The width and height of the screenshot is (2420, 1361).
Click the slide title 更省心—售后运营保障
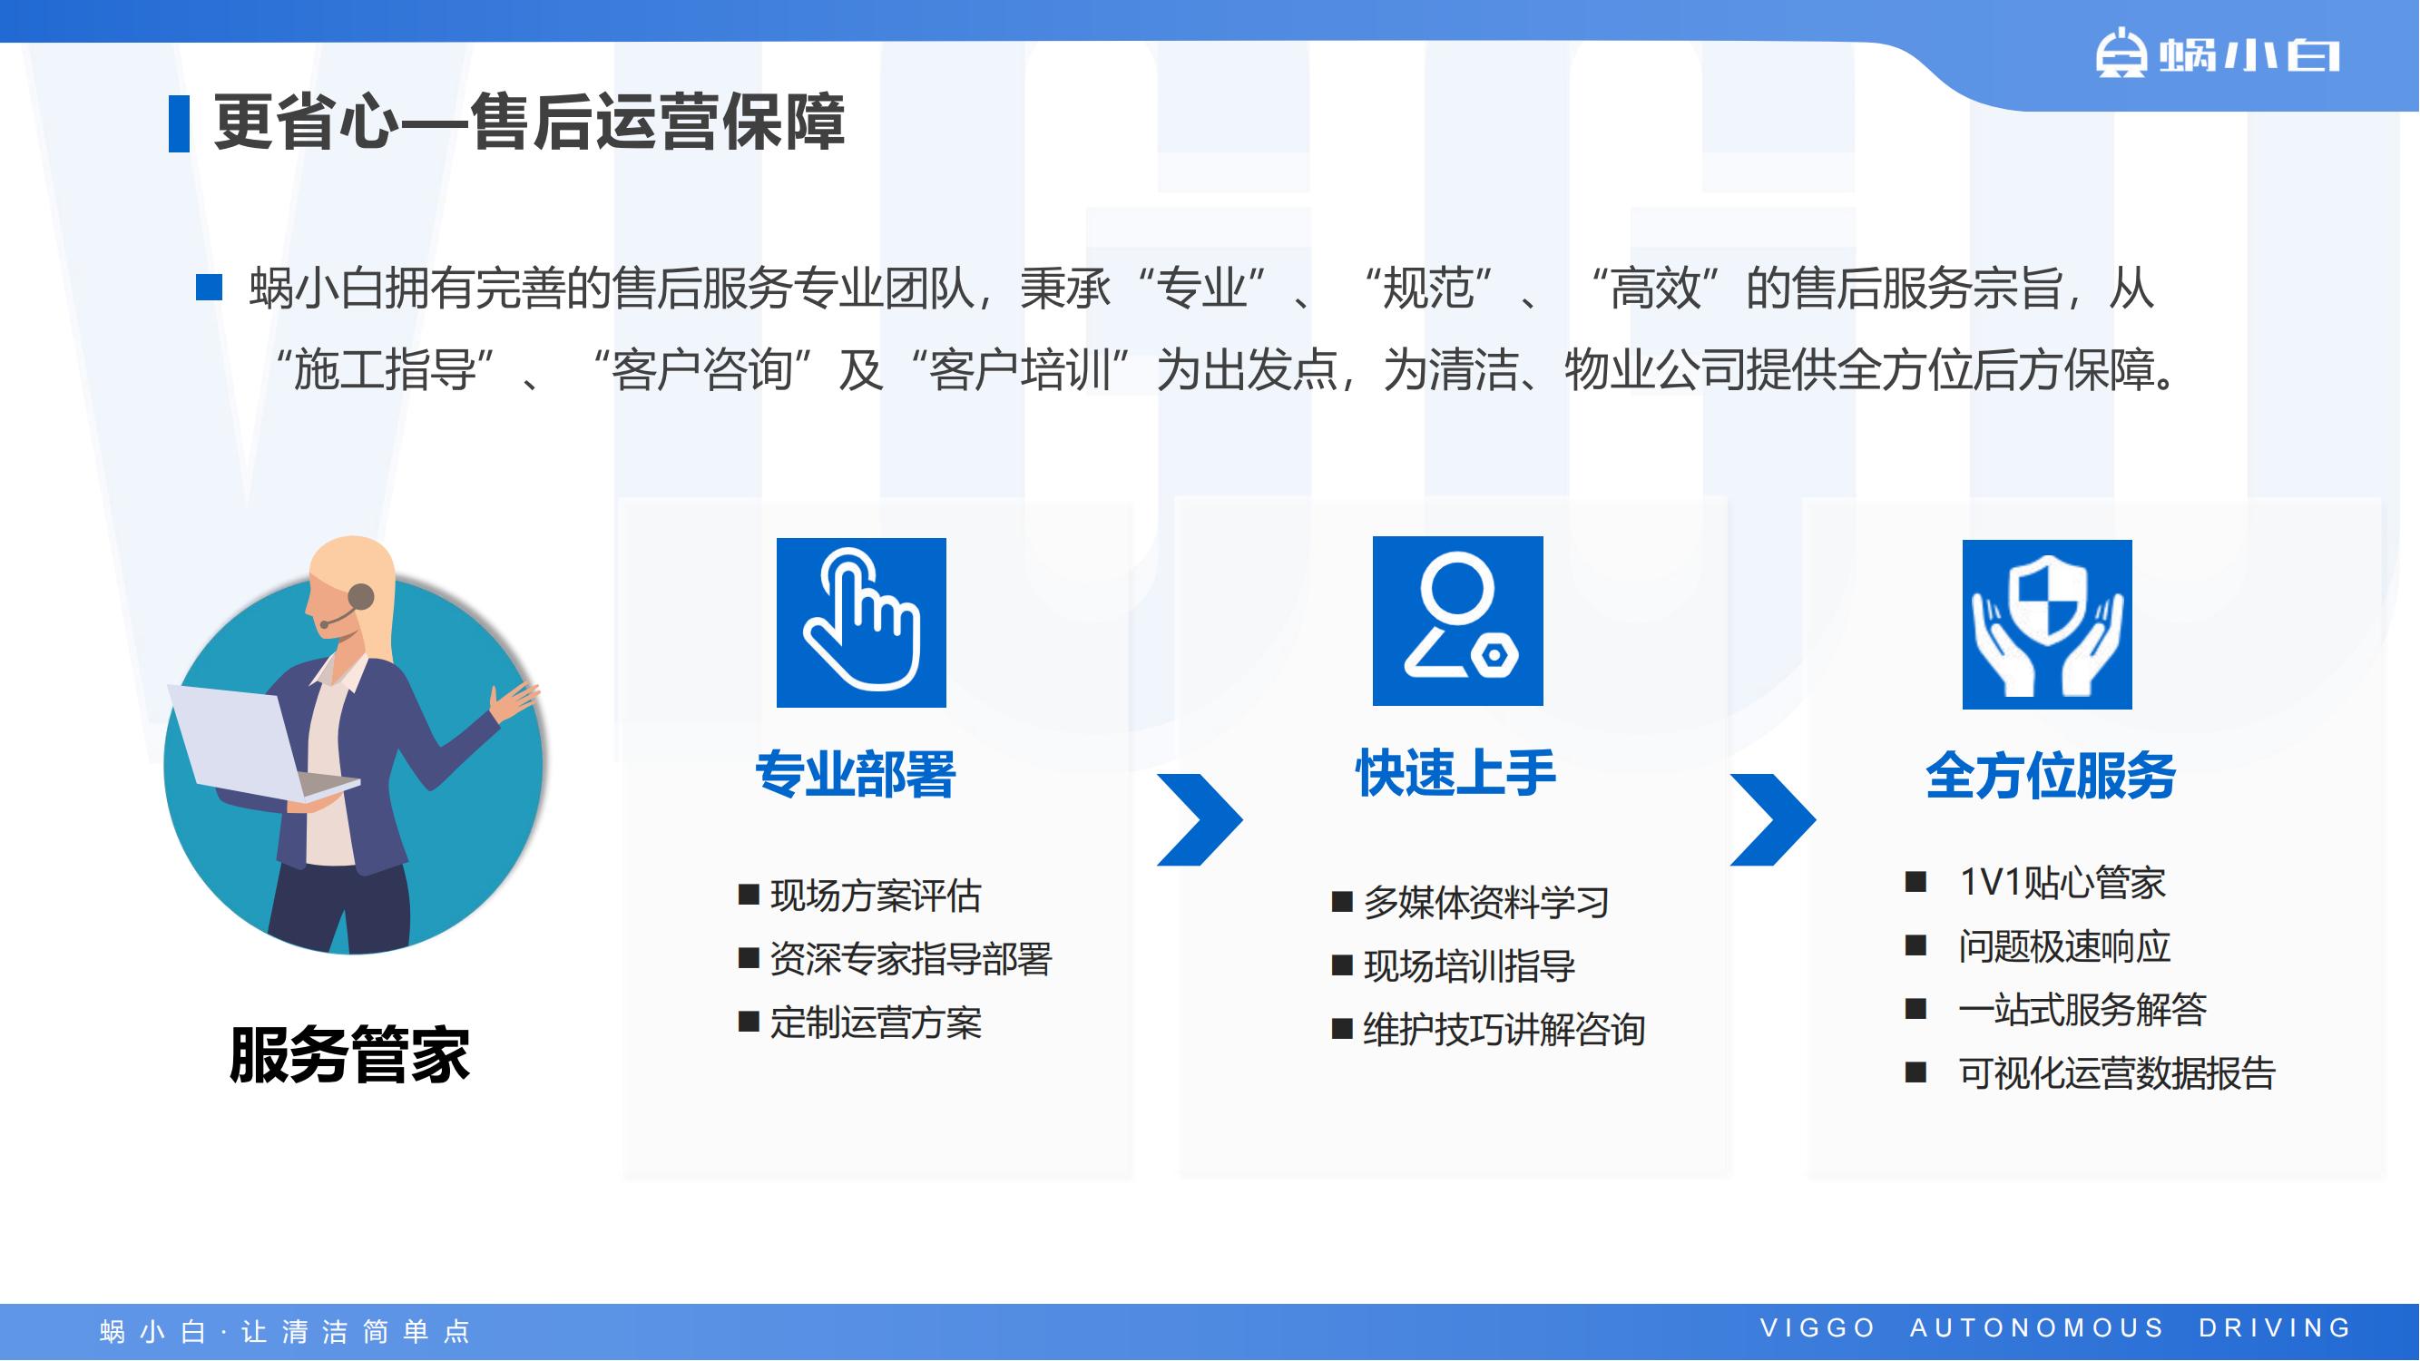click(529, 122)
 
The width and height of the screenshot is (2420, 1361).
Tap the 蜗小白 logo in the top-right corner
click(2217, 54)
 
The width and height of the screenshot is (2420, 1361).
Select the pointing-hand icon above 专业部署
click(860, 622)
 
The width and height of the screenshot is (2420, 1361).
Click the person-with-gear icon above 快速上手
click(1457, 621)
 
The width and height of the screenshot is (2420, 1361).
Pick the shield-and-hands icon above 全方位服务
click(2047, 623)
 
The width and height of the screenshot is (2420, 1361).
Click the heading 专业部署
click(855, 775)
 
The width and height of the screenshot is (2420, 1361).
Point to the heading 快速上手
click(1455, 773)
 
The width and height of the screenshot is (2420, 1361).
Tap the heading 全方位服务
click(2051, 776)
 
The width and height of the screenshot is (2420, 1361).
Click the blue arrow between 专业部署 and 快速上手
click(1200, 819)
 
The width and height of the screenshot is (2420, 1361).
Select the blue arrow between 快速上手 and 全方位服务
click(1773, 819)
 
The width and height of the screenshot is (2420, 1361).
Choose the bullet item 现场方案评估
click(859, 896)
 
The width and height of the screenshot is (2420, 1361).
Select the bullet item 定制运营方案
click(859, 1022)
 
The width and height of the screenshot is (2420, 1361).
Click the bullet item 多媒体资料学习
click(1470, 902)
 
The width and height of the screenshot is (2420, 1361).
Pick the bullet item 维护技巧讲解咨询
click(1488, 1030)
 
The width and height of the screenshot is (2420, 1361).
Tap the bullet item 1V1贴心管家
click(2036, 882)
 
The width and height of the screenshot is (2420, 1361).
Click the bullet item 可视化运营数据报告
click(2091, 1072)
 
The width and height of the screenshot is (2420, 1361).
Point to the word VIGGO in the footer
click(1817, 1328)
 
